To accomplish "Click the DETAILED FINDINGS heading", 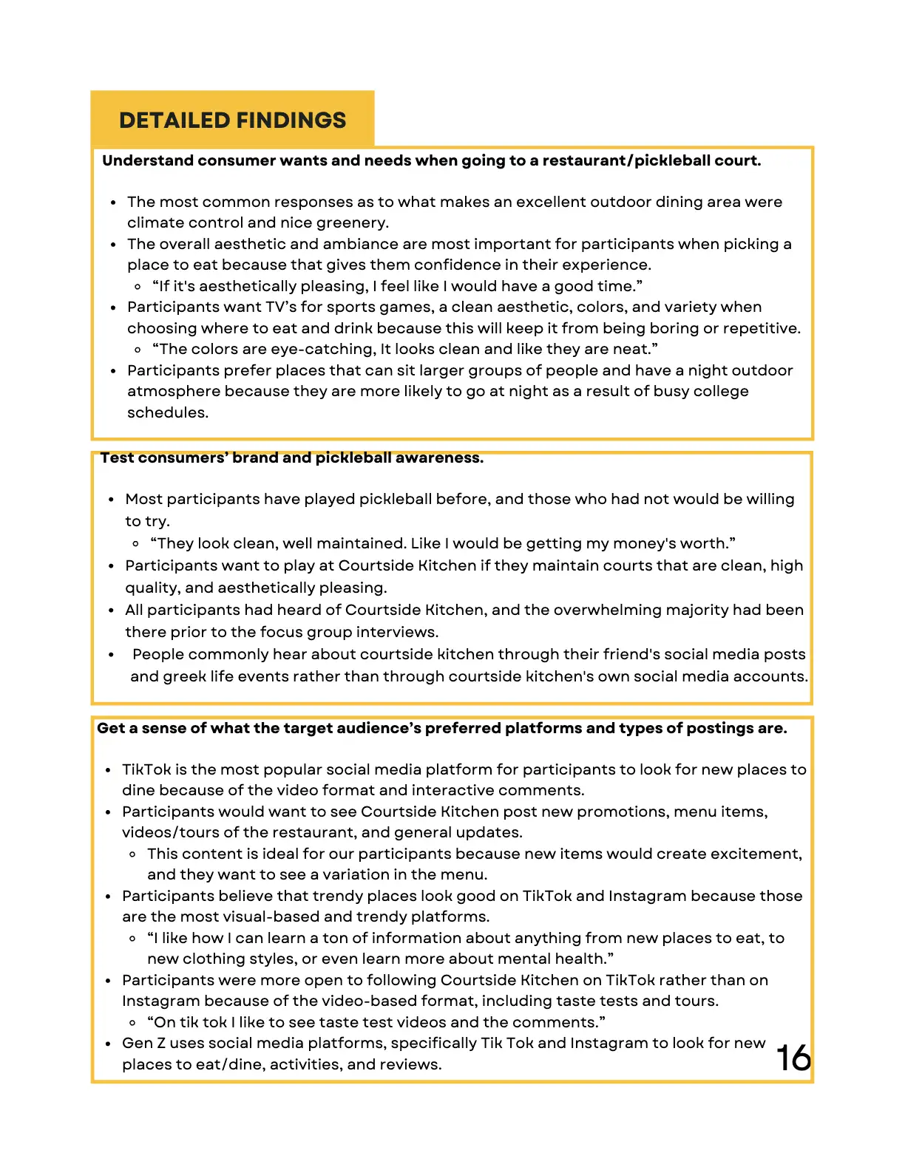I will [232, 120].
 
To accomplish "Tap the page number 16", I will [794, 1058].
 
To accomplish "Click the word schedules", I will [167, 412].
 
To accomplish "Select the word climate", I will [155, 222].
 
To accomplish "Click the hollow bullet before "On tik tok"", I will [132, 1023].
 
